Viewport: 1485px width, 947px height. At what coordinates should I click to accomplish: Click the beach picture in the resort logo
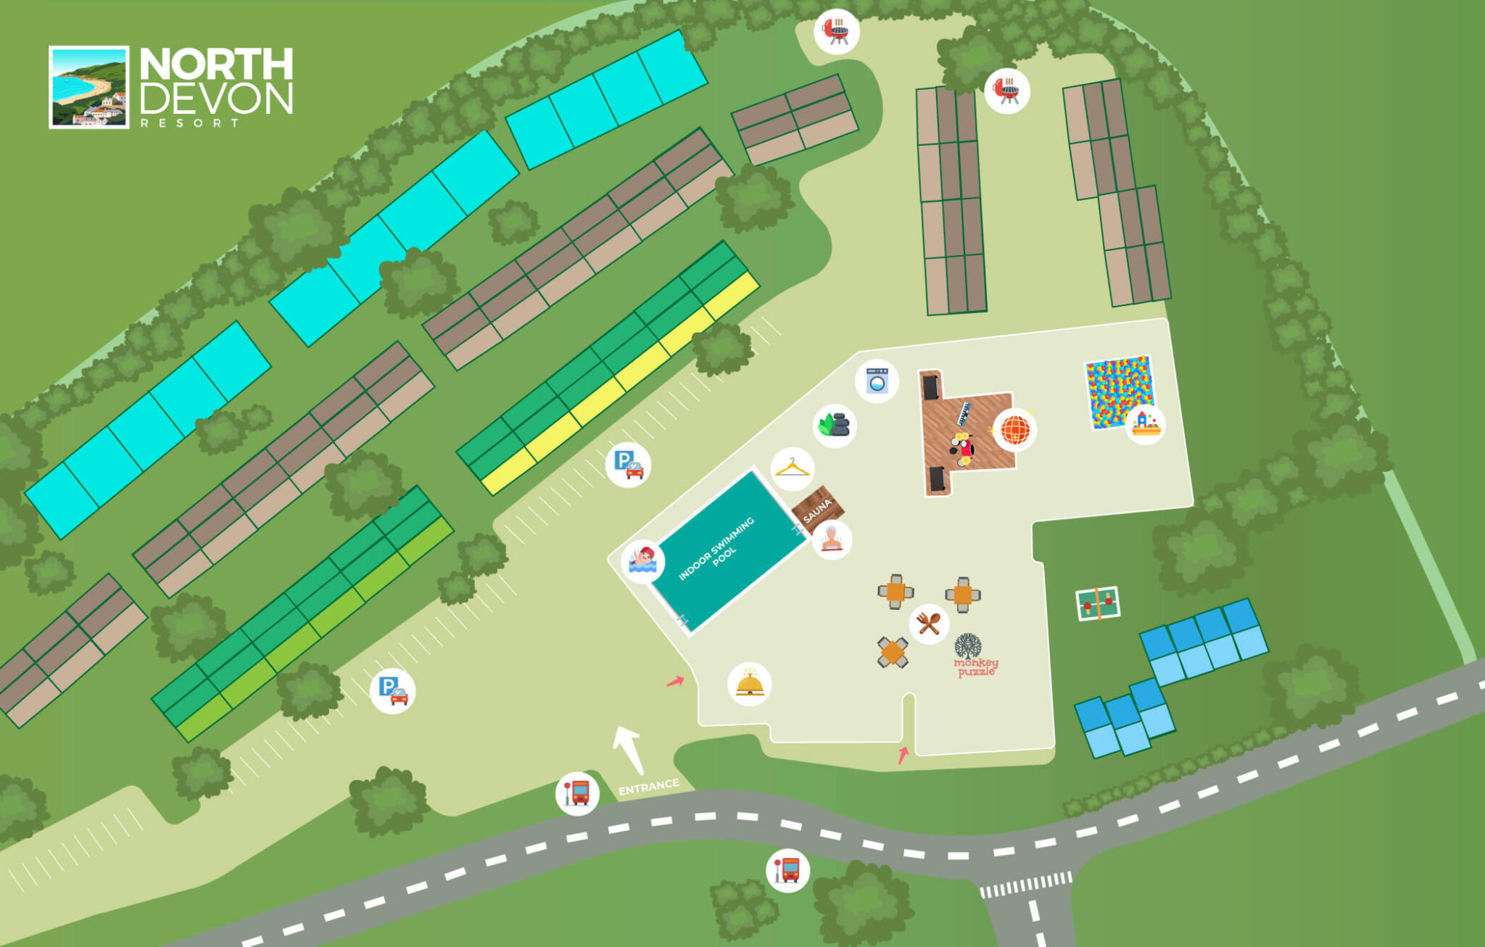click(88, 87)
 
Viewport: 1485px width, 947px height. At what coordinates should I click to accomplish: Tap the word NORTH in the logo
click(216, 65)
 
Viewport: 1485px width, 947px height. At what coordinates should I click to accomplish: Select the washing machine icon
click(877, 381)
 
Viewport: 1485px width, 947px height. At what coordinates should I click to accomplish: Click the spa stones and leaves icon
click(835, 425)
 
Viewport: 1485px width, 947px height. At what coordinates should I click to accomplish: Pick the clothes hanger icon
click(792, 468)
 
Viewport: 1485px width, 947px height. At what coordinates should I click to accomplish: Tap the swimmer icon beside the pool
click(642, 561)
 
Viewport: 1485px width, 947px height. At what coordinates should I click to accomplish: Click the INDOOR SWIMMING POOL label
click(717, 549)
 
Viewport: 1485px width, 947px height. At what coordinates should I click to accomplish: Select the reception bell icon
click(749, 684)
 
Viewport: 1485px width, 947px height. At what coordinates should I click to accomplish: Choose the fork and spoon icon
click(929, 623)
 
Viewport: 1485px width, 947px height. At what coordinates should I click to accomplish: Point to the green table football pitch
click(1098, 603)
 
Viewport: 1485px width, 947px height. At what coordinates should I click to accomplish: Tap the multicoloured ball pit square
click(1117, 392)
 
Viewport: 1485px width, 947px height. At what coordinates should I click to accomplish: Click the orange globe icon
click(1014, 429)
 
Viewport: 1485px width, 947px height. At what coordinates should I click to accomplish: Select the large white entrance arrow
click(628, 750)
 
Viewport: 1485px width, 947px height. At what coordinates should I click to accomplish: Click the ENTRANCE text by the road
click(649, 787)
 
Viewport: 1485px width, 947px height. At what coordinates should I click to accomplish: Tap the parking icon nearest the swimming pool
click(628, 464)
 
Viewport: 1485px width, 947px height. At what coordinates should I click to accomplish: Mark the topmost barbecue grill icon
click(837, 30)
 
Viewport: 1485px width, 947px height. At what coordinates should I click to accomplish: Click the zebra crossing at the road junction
click(1025, 885)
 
